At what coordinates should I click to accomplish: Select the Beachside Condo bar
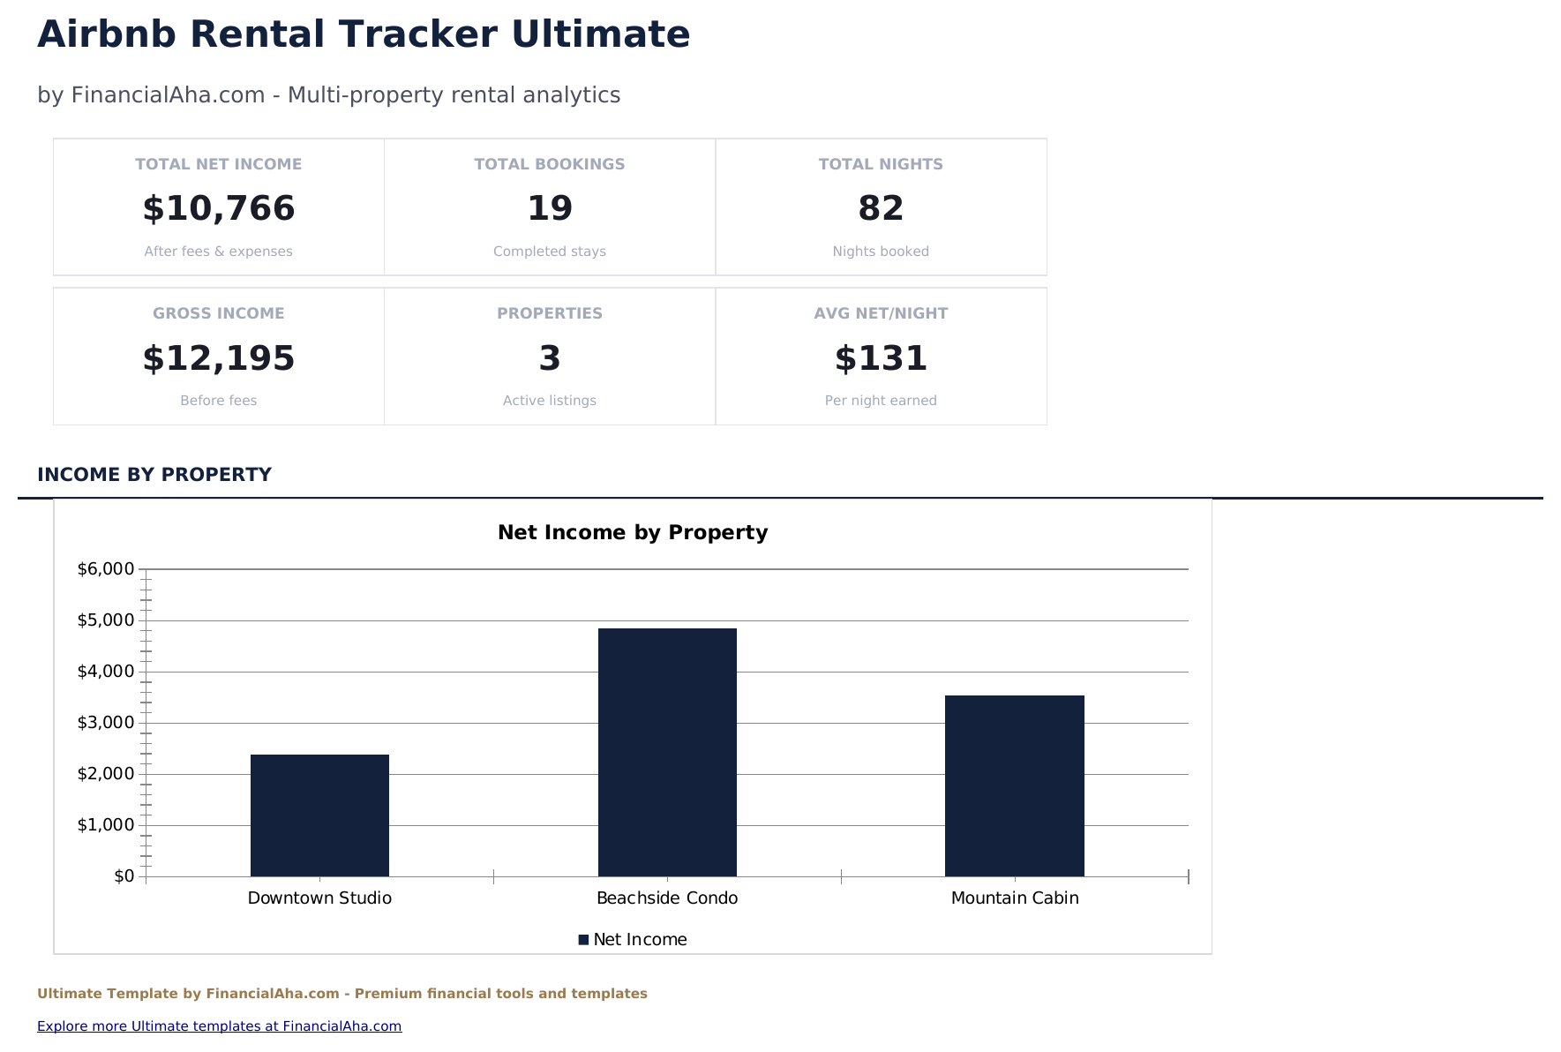pyautogui.click(x=667, y=752)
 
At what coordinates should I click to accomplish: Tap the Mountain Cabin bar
pyautogui.click(x=1014, y=785)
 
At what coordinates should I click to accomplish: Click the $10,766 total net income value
pyautogui.click(x=219, y=209)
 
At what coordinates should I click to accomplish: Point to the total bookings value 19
pyautogui.click(x=550, y=209)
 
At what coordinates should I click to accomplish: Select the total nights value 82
pyautogui.click(x=881, y=209)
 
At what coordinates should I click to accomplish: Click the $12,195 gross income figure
pyautogui.click(x=219, y=358)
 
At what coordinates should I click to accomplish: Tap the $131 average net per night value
pyautogui.click(x=881, y=358)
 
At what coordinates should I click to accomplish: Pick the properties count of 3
pyautogui.click(x=550, y=358)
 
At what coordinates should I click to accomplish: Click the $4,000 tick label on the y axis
pyautogui.click(x=106, y=672)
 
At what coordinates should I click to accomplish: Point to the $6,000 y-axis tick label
pyautogui.click(x=106, y=569)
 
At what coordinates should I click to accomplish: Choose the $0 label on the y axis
pyautogui.click(x=124, y=876)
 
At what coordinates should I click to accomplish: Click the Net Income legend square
pyautogui.click(x=583, y=940)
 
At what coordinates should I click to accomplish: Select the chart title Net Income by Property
pyautogui.click(x=633, y=532)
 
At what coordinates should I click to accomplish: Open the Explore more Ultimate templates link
pyautogui.click(x=219, y=1026)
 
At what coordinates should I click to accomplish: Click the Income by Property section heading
pyautogui.click(x=154, y=475)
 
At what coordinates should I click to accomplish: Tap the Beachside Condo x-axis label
pyautogui.click(x=667, y=898)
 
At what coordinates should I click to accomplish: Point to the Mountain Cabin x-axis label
pyautogui.click(x=1015, y=898)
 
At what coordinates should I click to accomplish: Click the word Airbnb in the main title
pyautogui.click(x=107, y=35)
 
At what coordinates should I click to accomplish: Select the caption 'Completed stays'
pyautogui.click(x=550, y=252)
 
